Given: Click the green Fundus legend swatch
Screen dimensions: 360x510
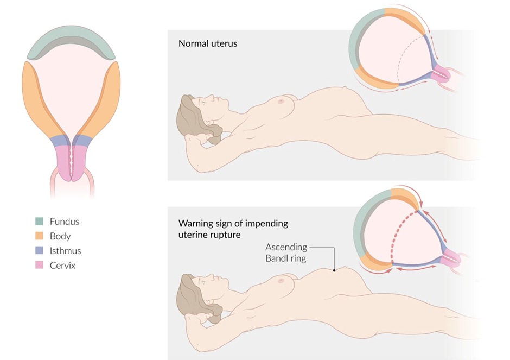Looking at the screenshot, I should pyautogui.click(x=40, y=222).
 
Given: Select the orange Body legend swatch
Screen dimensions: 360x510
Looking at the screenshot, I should pyautogui.click(x=40, y=236).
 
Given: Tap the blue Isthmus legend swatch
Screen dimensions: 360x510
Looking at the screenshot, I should pyautogui.click(x=40, y=251).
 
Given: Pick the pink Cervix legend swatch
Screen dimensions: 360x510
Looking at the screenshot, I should pyautogui.click(x=40, y=266).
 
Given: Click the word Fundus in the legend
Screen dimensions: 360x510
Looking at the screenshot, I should pyautogui.click(x=64, y=222).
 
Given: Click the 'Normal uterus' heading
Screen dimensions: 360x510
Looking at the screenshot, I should pyautogui.click(x=208, y=43).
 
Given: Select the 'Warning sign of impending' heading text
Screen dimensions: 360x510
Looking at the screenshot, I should pyautogui.click(x=233, y=224).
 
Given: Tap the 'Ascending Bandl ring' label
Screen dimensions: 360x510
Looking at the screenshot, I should pyautogui.click(x=286, y=252).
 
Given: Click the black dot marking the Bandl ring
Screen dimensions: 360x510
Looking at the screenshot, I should pyautogui.click(x=335, y=269).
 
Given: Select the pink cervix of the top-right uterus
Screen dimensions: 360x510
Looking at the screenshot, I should pyautogui.click(x=443, y=72).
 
